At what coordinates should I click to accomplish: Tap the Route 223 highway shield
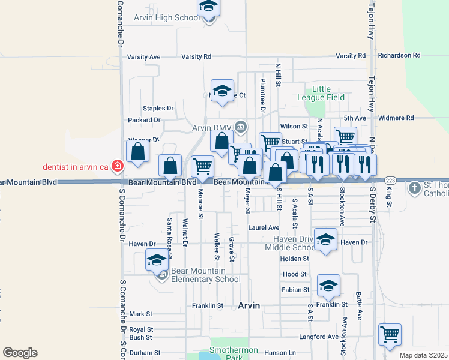click(390, 180)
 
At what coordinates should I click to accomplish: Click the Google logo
click(20, 353)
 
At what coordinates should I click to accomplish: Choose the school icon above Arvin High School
click(209, 7)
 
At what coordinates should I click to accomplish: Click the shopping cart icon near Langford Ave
click(390, 334)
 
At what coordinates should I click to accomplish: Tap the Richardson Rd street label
click(399, 55)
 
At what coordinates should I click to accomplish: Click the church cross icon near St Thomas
click(414, 188)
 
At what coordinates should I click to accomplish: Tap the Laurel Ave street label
click(264, 228)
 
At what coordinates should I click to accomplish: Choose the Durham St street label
click(141, 353)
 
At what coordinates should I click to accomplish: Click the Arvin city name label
click(249, 305)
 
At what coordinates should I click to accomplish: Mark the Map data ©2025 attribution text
click(423, 355)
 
